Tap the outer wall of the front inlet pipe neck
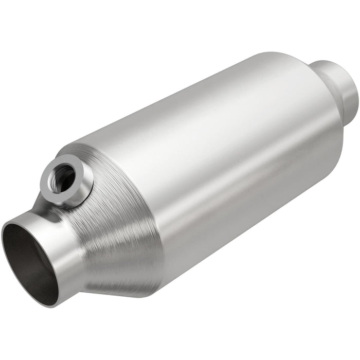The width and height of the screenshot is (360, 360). point(64,242)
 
